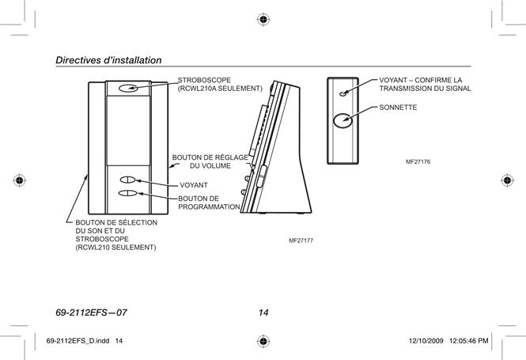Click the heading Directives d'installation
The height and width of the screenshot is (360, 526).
(108, 60)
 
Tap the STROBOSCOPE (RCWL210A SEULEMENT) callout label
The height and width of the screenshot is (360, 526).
(220, 84)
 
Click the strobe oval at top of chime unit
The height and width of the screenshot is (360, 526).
(128, 88)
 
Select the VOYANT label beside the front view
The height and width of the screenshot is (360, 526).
(194, 185)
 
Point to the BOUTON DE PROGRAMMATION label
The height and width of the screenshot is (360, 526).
(209, 203)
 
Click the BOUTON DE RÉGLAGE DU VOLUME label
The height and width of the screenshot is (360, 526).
(210, 161)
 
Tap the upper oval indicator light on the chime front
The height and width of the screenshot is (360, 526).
(127, 180)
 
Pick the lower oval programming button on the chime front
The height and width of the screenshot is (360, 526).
(128, 193)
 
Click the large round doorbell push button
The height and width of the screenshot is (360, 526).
(342, 120)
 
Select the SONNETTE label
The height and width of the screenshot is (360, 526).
(398, 108)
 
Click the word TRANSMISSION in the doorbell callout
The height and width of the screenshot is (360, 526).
(405, 89)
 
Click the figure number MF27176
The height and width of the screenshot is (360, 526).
(418, 161)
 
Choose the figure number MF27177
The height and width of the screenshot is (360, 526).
(301, 241)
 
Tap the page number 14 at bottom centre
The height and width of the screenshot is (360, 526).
(263, 313)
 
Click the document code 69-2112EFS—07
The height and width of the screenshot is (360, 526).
(91, 313)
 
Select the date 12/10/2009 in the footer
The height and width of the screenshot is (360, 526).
(426, 341)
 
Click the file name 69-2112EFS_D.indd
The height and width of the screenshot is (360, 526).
(78, 341)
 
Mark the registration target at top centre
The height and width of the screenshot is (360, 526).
(263, 20)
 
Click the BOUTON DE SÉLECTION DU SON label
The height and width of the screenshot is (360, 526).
(116, 226)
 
